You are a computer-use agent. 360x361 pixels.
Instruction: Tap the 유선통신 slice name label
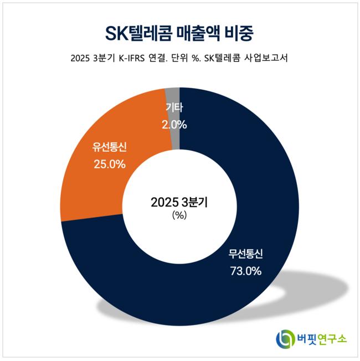pyautogui.click(x=110, y=147)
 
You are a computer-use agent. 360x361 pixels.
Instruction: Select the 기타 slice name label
pyautogui.click(x=175, y=109)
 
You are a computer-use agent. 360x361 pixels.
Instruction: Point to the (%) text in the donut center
pyautogui.click(x=179, y=216)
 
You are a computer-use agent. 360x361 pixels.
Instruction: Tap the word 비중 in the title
pyautogui.click(x=239, y=33)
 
